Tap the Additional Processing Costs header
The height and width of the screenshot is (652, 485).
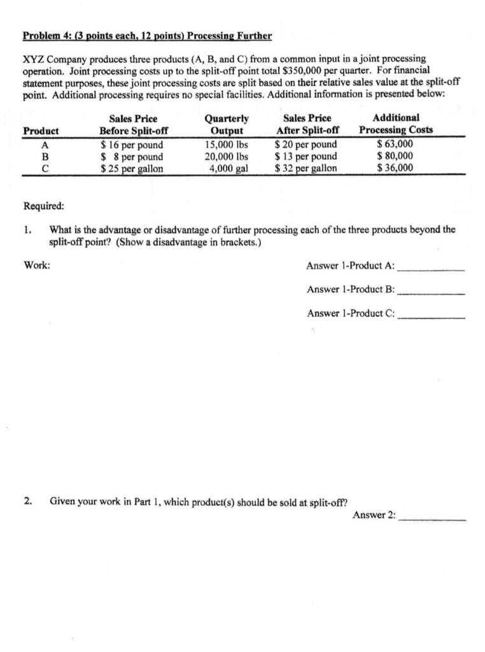(395, 124)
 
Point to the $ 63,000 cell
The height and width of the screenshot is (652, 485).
(395, 144)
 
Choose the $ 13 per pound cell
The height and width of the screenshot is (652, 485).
(306, 156)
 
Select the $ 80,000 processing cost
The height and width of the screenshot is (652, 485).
(395, 156)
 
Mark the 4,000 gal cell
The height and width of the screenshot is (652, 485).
(228, 168)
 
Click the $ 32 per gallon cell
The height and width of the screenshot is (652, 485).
(306, 168)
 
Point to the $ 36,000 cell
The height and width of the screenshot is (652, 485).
(395, 168)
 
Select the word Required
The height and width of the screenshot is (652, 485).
(43, 206)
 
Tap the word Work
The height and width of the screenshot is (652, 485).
(37, 265)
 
